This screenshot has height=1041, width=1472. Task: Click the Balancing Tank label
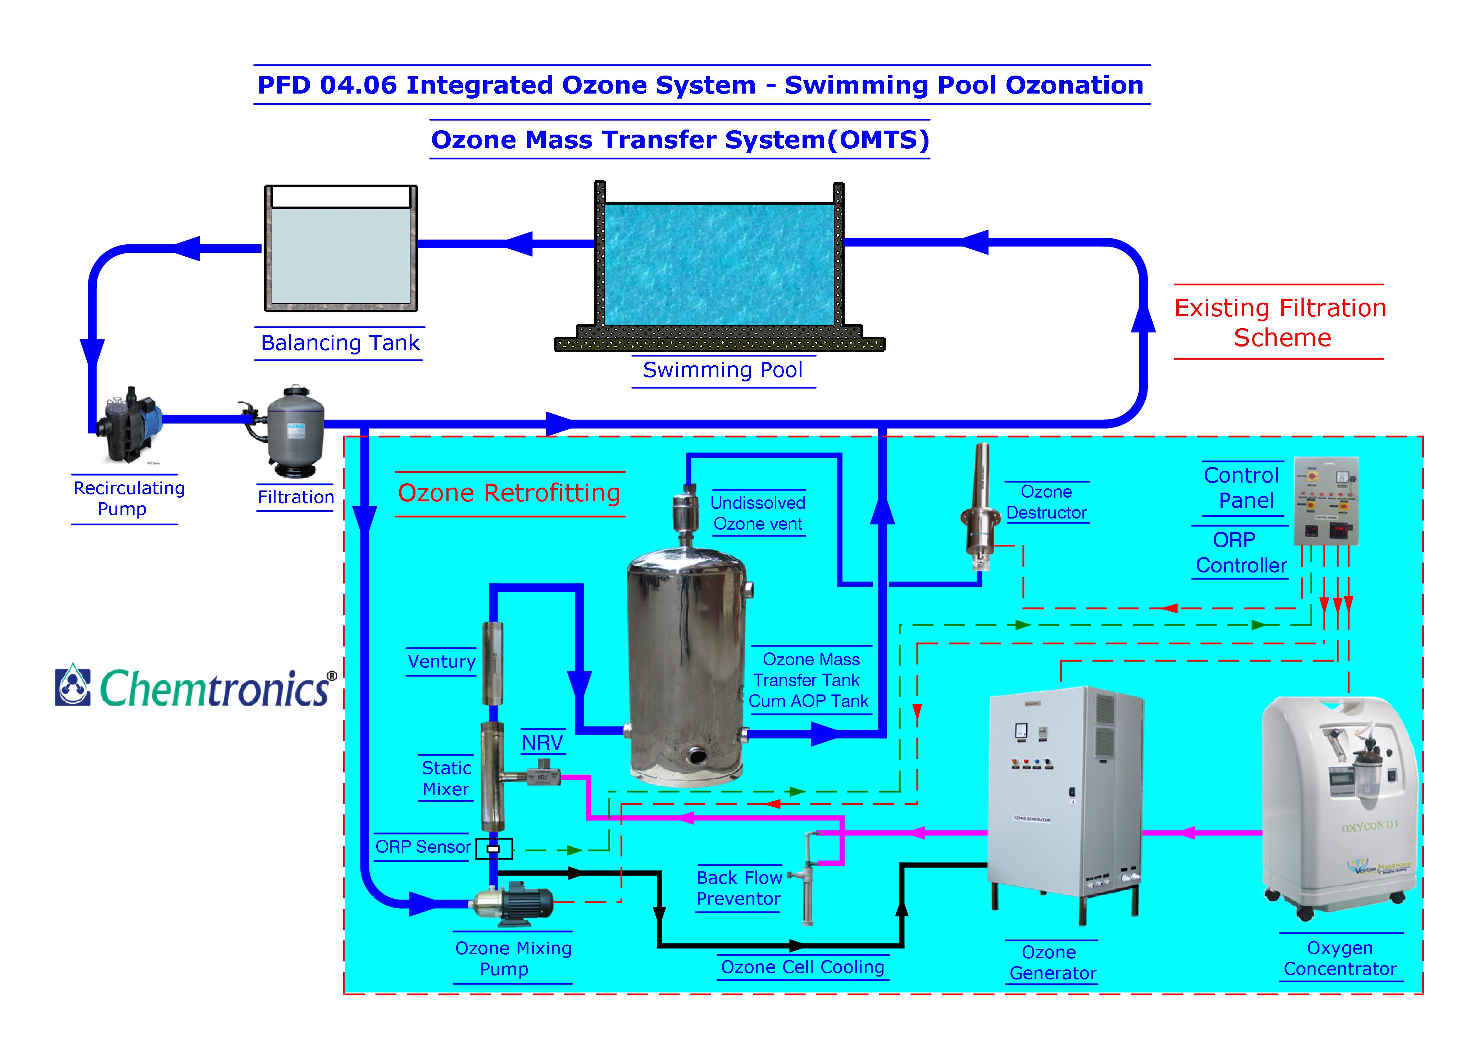[340, 343]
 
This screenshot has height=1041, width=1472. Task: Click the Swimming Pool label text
[723, 370]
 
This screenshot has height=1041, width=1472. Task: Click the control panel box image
[1326, 500]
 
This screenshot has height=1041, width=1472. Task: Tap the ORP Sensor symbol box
[494, 848]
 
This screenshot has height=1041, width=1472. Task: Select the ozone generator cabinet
[1064, 795]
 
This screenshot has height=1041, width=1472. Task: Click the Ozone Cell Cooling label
[802, 967]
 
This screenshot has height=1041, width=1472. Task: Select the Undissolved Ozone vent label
[758, 513]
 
